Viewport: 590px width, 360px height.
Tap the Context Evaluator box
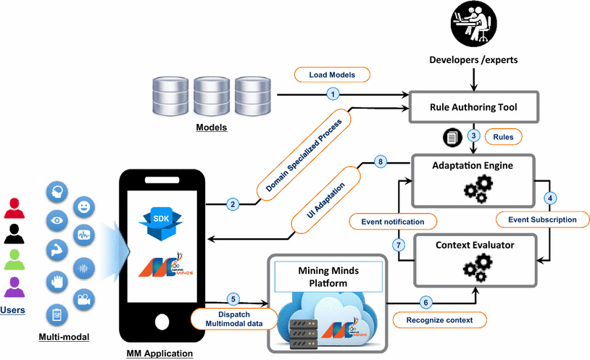click(474, 258)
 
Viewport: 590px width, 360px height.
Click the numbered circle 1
click(333, 93)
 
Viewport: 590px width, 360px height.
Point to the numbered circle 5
click(233, 298)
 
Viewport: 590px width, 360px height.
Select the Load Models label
click(332, 75)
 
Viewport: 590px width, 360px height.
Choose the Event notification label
click(393, 219)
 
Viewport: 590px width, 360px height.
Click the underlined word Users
click(13, 310)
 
